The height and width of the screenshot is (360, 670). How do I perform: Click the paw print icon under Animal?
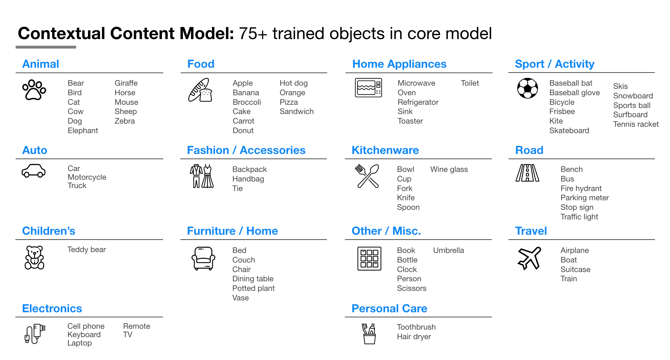tap(34, 90)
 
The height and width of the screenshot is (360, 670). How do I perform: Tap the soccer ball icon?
tap(528, 88)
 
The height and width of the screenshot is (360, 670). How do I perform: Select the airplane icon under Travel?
tap(529, 258)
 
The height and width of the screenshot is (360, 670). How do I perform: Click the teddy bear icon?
tap(34, 258)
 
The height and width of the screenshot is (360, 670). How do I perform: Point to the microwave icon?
tap(368, 87)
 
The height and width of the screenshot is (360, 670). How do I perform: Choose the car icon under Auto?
tap(34, 171)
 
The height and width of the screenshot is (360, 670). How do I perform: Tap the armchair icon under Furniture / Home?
tap(203, 258)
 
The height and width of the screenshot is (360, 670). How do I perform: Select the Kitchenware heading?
tap(385, 150)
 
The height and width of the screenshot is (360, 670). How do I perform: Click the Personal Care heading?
tap(389, 308)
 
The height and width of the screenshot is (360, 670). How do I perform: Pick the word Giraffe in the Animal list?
tap(126, 83)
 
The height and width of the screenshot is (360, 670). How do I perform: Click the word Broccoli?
tap(247, 102)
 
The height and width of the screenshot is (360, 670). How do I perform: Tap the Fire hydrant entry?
tap(581, 188)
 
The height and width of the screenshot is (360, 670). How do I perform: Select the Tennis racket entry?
tap(636, 124)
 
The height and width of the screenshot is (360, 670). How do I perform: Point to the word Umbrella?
tap(449, 250)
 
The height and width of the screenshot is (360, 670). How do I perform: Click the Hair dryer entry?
tap(414, 337)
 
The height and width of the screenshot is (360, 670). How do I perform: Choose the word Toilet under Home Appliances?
tap(470, 83)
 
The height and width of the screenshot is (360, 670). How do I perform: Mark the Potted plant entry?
tap(253, 288)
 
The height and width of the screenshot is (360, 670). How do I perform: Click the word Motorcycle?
tap(87, 177)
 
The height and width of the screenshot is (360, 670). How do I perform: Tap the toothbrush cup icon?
tap(369, 334)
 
